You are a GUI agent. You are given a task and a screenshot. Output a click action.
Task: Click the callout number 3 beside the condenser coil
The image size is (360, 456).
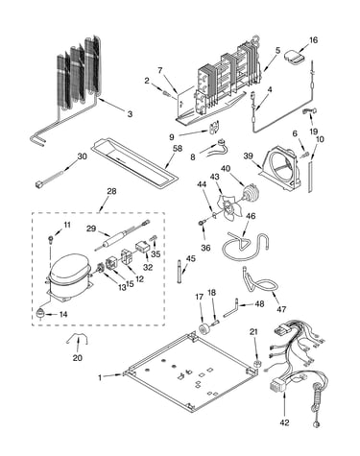point(130,114)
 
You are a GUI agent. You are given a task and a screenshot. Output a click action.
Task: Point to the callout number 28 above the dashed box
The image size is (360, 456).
point(111,191)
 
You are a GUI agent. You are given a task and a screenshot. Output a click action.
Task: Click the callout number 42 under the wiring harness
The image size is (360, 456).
point(284,422)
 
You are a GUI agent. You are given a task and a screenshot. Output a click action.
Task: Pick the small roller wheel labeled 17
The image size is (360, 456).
point(204,329)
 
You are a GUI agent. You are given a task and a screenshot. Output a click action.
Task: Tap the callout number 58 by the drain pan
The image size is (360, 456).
point(177,149)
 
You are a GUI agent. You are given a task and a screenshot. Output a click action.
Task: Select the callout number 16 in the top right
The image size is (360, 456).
point(313,40)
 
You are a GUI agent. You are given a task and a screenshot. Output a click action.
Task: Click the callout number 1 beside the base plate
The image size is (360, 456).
point(100,377)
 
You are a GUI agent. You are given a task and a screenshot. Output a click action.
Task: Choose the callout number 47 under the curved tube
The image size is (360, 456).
point(281,309)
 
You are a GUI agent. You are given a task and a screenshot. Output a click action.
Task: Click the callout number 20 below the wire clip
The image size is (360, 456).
point(78,358)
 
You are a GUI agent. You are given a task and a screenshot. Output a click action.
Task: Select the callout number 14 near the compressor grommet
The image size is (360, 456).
point(63,314)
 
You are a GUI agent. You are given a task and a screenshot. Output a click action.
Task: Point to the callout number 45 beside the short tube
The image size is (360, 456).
point(190,258)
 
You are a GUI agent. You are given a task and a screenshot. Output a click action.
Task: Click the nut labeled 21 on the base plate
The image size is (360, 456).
point(256,364)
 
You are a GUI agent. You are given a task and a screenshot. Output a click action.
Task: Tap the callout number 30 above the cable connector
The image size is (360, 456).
point(83,156)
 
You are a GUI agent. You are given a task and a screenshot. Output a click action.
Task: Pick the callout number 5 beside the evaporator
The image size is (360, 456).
point(277,50)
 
